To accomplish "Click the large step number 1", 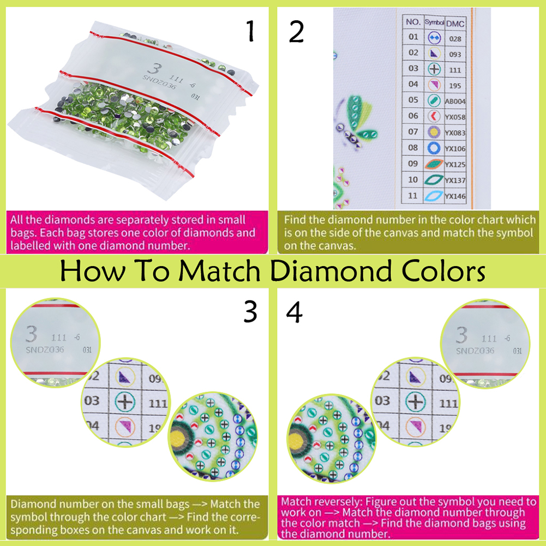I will click(250, 31).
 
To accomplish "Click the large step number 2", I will click(296, 31).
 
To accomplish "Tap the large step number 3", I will click(250, 312).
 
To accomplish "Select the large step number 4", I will click(295, 312).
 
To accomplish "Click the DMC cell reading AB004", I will click(455, 101).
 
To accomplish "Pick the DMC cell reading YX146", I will click(455, 196).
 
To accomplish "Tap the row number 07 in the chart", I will click(413, 131).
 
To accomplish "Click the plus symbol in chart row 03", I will click(434, 69).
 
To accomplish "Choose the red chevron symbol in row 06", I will click(434, 116).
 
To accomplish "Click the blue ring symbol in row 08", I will click(434, 148).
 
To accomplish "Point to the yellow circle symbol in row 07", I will click(434, 132).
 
